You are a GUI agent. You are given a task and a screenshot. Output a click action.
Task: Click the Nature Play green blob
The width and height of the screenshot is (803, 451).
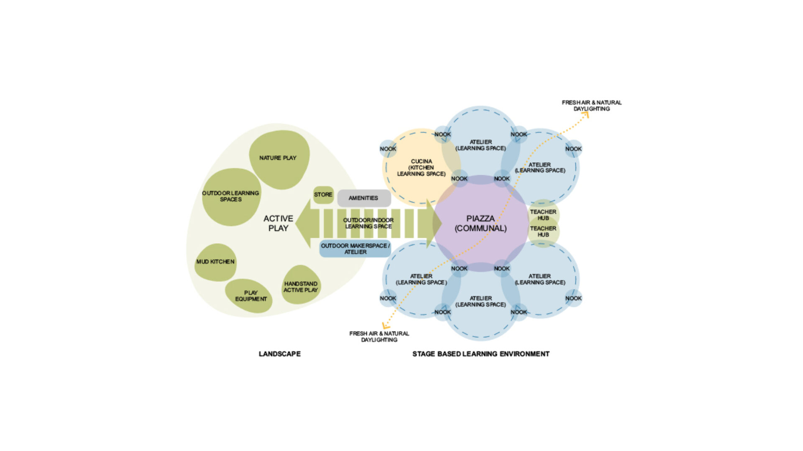click(x=279, y=159)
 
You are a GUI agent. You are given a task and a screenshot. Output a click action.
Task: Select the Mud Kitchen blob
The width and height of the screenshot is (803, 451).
click(x=215, y=262)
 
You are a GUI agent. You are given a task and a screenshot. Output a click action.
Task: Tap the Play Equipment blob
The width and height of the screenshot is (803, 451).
click(x=249, y=296)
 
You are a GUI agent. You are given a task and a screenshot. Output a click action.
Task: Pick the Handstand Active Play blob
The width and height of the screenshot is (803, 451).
click(x=301, y=285)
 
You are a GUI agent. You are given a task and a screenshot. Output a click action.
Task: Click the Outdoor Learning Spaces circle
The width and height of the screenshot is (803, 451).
click(x=231, y=197)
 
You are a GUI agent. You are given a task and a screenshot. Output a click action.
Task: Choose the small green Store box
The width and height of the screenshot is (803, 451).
click(x=323, y=195)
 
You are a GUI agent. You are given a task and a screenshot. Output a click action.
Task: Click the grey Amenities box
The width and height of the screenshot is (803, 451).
click(x=364, y=198)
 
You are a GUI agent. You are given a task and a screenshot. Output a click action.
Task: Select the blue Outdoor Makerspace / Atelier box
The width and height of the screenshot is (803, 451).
click(x=355, y=249)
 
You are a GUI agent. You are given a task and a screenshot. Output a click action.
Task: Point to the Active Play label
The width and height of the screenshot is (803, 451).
click(x=278, y=223)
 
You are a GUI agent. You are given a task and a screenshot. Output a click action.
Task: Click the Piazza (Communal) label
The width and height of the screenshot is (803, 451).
click(x=481, y=223)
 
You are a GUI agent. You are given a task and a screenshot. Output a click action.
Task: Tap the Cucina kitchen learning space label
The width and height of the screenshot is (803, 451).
click(x=421, y=168)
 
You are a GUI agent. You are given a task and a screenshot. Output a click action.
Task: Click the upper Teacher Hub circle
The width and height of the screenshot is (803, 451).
click(x=543, y=214)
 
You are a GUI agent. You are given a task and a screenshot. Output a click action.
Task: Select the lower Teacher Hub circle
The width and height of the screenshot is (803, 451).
click(x=543, y=232)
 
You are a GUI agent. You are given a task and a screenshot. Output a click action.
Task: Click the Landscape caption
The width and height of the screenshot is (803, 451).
click(x=280, y=354)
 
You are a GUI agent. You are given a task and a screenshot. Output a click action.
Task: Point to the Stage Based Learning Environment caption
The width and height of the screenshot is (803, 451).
click(x=481, y=354)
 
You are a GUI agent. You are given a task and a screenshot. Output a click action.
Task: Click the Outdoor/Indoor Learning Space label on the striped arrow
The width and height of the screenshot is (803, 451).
click(x=368, y=223)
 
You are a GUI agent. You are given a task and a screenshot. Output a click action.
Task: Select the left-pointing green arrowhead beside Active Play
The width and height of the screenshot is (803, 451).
click(x=304, y=224)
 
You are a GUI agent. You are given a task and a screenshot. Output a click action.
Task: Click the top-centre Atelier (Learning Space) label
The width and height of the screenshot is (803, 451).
click(x=481, y=145)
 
